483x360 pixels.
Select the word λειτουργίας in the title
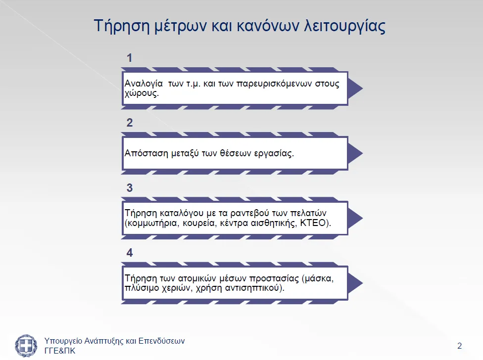(345, 26)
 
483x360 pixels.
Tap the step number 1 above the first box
(129, 58)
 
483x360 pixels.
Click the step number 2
(130, 123)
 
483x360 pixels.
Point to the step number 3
(130, 188)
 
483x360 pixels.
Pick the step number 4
(130, 253)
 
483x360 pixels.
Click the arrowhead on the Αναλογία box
(355, 89)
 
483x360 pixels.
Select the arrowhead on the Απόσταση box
(355, 153)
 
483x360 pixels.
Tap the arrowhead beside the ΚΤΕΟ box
(355, 218)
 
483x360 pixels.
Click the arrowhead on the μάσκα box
(355, 283)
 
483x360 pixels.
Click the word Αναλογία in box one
(144, 84)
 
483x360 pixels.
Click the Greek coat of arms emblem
(26, 346)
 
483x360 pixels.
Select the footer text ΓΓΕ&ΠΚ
(60, 351)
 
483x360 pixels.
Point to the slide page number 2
(460, 346)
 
